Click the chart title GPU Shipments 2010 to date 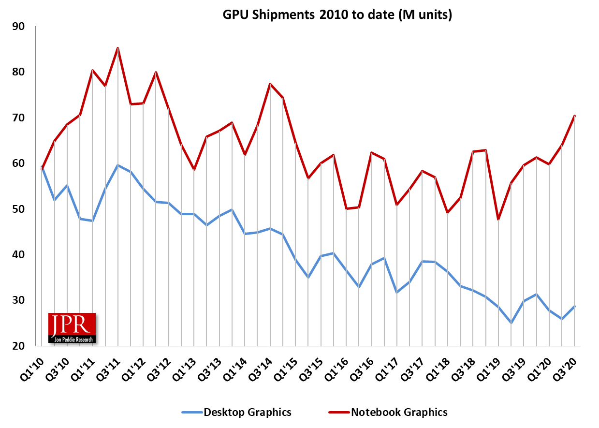(x=337, y=15)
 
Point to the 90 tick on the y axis (x=18, y=26)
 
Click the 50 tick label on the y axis (x=18, y=209)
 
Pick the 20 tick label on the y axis (x=18, y=346)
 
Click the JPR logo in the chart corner (x=72, y=328)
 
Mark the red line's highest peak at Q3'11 (x=117, y=48)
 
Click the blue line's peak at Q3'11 (x=117, y=165)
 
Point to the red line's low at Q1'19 (x=498, y=220)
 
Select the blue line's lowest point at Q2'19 (x=511, y=323)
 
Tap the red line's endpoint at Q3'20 (x=574, y=116)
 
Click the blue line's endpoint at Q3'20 (x=574, y=306)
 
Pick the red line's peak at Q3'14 (x=270, y=84)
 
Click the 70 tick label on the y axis (x=18, y=118)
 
